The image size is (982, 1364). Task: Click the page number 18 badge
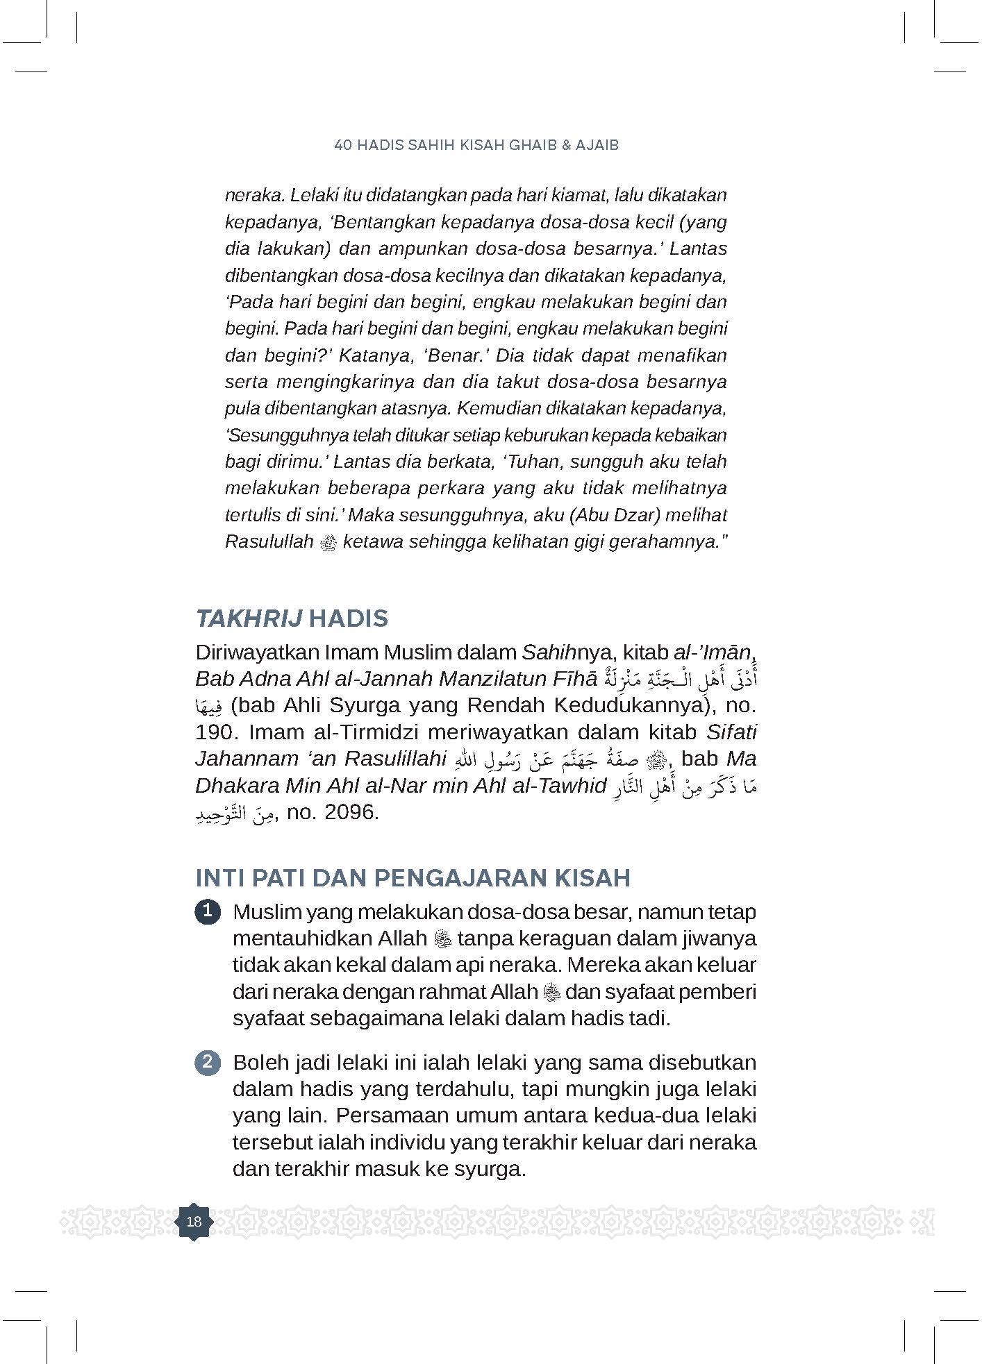(194, 1221)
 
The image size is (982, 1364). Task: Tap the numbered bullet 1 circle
(208, 911)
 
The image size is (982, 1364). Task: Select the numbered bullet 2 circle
(208, 1063)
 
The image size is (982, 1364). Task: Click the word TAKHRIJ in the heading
(249, 618)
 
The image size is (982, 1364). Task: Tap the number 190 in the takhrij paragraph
(217, 732)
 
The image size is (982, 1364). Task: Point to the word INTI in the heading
(219, 878)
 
